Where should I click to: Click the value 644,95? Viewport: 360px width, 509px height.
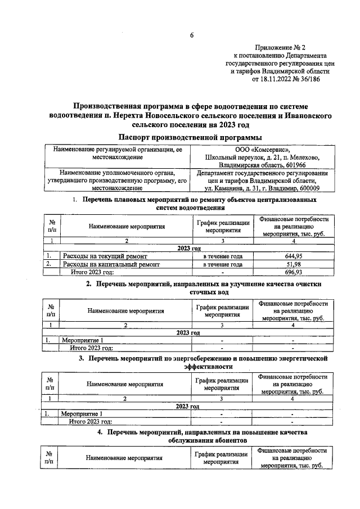pyautogui.click(x=292, y=255)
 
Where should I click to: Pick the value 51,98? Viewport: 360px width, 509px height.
pyautogui.click(x=292, y=263)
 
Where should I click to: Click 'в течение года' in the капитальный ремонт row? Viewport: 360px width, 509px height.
pyautogui.click(x=223, y=263)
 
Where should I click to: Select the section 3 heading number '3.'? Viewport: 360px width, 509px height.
pyautogui.click(x=82, y=358)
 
